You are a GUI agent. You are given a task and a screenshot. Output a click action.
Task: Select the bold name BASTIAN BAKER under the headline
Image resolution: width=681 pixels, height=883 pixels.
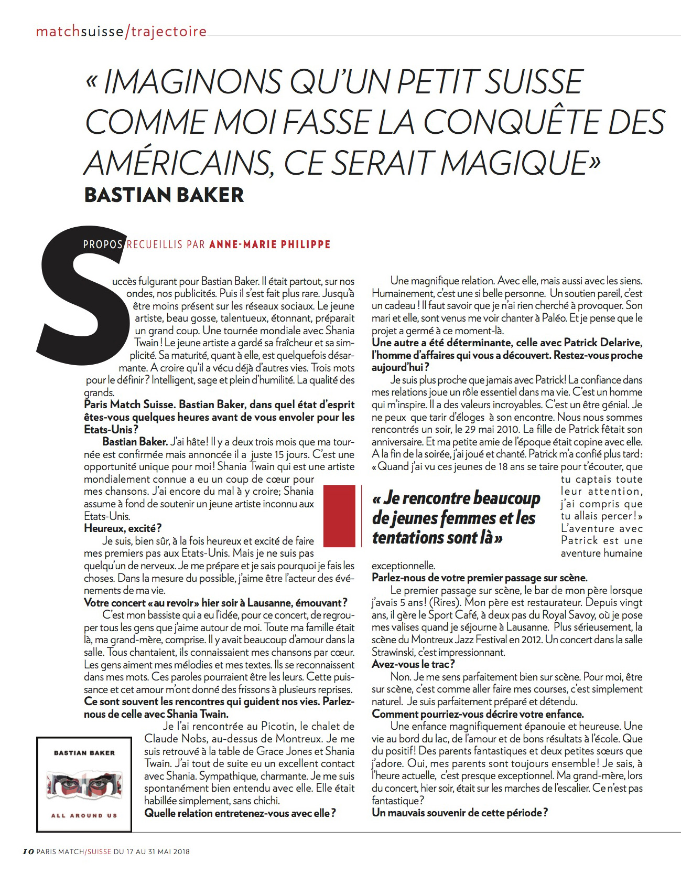(164, 195)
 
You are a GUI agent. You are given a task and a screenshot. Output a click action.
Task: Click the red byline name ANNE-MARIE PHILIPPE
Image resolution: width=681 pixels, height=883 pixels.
(269, 244)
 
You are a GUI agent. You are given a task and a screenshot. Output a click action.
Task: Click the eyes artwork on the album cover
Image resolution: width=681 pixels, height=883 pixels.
(84, 788)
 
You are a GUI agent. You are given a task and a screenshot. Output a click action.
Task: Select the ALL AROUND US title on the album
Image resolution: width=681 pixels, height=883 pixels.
(84, 815)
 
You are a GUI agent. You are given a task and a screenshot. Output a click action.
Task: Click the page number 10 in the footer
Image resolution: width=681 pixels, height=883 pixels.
(29, 866)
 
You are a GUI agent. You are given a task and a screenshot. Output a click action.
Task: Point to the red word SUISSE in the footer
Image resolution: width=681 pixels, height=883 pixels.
(98, 866)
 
